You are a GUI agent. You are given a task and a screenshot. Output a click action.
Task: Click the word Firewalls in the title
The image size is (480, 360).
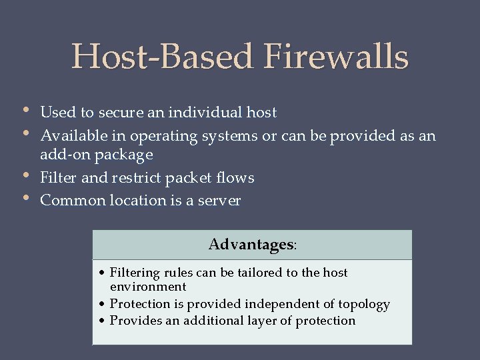(336, 57)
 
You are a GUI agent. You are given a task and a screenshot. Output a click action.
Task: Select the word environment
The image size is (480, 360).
(147, 287)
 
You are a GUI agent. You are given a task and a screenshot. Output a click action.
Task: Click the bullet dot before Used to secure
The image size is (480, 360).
(25, 110)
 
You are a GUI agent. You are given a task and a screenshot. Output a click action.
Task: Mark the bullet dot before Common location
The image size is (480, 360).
(25, 197)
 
